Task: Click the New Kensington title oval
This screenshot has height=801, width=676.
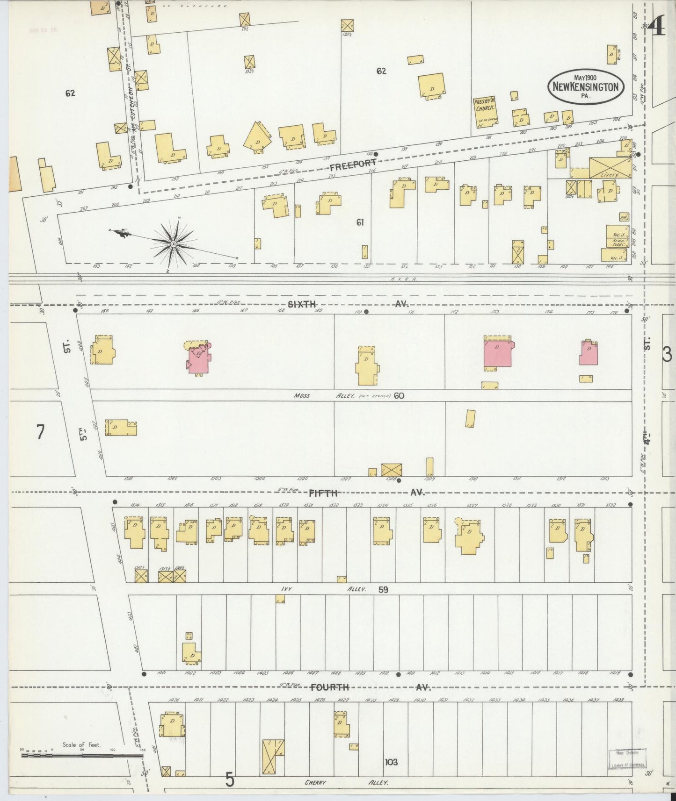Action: click(x=586, y=86)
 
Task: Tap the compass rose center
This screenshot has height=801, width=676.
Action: click(x=173, y=244)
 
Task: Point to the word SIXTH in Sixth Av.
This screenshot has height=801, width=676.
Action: click(x=301, y=304)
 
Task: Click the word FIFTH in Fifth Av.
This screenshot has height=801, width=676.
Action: click(x=323, y=493)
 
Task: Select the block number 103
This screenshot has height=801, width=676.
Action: click(x=391, y=762)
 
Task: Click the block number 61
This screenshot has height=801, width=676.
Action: click(x=359, y=222)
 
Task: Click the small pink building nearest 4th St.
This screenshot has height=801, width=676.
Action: click(x=589, y=353)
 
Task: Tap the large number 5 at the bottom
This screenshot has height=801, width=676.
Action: click(x=229, y=780)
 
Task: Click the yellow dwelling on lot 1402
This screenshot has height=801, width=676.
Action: click(x=190, y=653)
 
